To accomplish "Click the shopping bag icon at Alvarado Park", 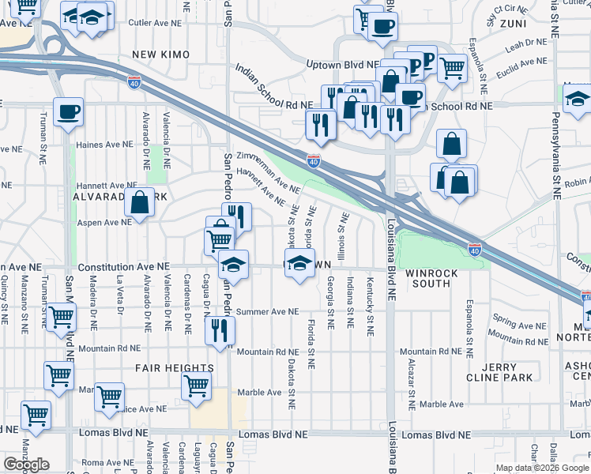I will click(x=140, y=202).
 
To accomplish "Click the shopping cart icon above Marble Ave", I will click(x=196, y=386).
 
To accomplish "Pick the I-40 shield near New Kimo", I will click(x=134, y=80).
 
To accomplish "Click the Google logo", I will click(x=26, y=465).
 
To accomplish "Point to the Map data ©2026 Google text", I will click(x=542, y=468).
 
